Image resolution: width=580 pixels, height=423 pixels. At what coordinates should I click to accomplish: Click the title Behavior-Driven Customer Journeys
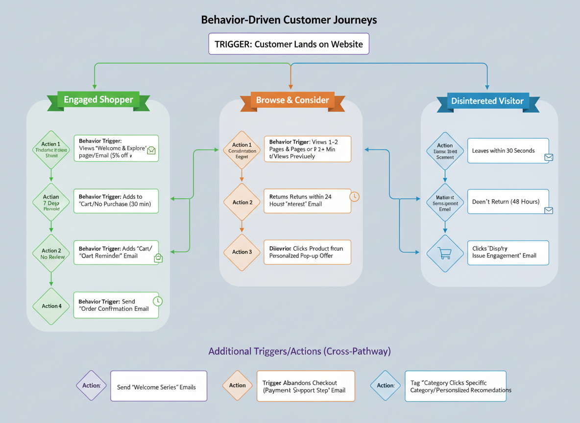coord(289,20)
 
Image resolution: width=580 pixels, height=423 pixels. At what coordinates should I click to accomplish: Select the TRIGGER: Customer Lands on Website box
coord(289,44)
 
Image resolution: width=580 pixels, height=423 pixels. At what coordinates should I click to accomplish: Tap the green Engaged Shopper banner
coord(98,100)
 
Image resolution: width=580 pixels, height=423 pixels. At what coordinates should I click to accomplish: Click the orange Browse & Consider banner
coord(292,100)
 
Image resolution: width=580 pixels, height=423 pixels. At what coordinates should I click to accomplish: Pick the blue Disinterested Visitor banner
coord(487,101)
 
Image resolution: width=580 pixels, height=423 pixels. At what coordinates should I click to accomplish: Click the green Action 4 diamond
coord(51,306)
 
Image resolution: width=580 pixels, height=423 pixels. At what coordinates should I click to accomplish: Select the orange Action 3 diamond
coord(242,252)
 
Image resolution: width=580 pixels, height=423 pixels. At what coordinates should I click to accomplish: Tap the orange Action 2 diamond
coord(242,202)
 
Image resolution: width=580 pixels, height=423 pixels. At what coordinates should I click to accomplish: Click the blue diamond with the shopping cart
coord(445,253)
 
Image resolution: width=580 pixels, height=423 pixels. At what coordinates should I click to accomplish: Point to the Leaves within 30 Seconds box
coord(508,151)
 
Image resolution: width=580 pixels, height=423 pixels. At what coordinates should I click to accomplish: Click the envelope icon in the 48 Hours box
coord(548,210)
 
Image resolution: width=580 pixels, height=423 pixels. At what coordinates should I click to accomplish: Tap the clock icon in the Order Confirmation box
coord(157,301)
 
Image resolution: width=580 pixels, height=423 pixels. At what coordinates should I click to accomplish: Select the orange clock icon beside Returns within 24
coord(354,196)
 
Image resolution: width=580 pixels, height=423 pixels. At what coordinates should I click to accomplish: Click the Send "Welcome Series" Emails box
coord(159,386)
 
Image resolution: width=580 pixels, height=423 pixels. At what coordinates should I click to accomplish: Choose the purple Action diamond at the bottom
coord(92,386)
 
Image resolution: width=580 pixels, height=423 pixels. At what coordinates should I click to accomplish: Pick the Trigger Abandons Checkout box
coord(305,386)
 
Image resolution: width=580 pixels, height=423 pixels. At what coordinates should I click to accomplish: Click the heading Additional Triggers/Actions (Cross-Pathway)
coord(299,351)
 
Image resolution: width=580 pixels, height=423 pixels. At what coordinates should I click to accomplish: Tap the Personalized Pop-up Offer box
coord(307,252)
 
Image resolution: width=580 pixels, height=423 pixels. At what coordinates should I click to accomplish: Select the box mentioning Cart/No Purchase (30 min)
coord(116,201)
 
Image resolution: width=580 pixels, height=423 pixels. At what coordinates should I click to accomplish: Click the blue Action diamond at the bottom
coord(386,386)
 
